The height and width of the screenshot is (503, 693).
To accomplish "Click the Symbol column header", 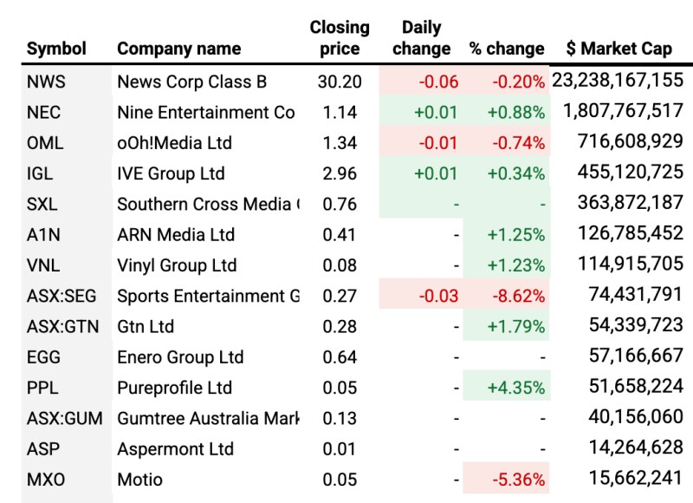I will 57,49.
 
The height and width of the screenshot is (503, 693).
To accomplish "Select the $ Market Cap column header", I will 619,49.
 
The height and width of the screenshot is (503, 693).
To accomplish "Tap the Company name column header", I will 178,49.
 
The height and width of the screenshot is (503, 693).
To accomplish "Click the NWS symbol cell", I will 46,82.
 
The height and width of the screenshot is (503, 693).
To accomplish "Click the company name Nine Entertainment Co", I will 206,113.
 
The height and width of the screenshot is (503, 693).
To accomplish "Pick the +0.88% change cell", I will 516,113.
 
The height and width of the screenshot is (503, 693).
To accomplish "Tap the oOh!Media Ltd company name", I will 174,143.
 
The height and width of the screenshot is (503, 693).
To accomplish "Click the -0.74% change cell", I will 516,143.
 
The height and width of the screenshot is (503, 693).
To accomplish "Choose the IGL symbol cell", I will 40,173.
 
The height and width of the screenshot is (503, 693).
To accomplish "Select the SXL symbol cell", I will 42,205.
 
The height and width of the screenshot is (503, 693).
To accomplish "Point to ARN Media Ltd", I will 176,235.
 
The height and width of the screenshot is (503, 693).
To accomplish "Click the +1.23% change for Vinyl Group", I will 516,265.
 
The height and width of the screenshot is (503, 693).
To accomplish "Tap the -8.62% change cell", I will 516,296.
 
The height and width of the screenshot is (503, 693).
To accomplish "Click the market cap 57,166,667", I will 630,357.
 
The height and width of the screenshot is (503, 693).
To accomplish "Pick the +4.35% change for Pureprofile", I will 516,388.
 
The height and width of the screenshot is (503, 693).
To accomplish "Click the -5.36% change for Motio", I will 516,480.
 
